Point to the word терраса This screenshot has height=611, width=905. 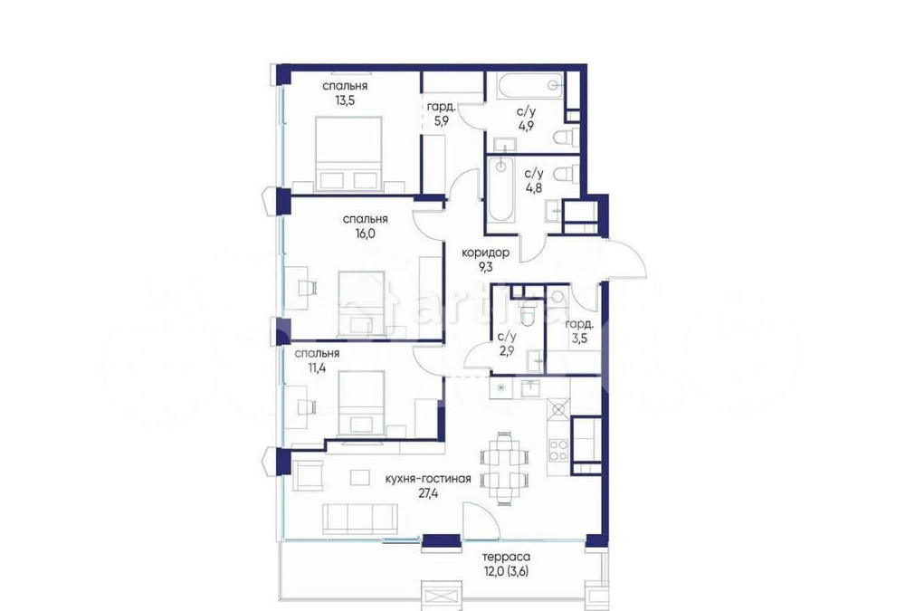(x=506, y=558)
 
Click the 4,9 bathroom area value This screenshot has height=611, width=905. (x=526, y=126)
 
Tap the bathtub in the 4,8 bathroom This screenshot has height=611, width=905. (x=500, y=190)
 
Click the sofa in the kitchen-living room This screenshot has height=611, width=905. (x=360, y=516)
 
